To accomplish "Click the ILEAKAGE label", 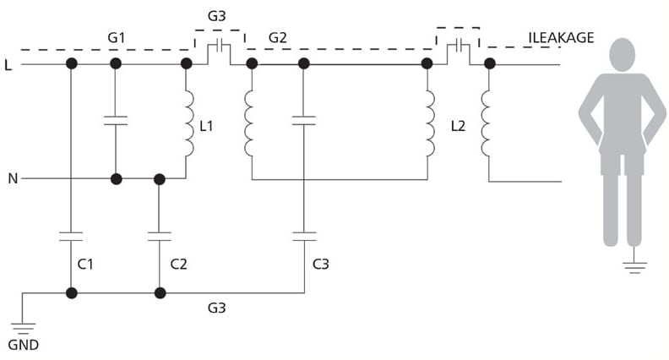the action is pyautogui.click(x=561, y=37).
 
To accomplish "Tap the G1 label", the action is pyautogui.click(x=116, y=37).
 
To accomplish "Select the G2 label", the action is pyautogui.click(x=277, y=37).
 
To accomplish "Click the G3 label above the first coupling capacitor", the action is pyautogui.click(x=217, y=16).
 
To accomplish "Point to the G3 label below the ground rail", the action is pyautogui.click(x=217, y=308).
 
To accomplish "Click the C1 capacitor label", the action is pyautogui.click(x=85, y=265).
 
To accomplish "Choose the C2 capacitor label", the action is pyautogui.click(x=178, y=265).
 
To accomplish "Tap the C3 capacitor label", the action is pyautogui.click(x=321, y=265).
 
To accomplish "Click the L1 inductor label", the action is pyautogui.click(x=206, y=126).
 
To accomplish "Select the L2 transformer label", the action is pyautogui.click(x=458, y=126).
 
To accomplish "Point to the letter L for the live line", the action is pyautogui.click(x=8, y=65).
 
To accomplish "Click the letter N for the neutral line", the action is pyautogui.click(x=13, y=178).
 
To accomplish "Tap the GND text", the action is pyautogui.click(x=24, y=345).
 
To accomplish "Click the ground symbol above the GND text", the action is pyautogui.click(x=23, y=329).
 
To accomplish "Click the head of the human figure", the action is pyautogui.click(x=623, y=55).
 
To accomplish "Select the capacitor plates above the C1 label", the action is pyautogui.click(x=71, y=237).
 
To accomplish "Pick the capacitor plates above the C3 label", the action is pyautogui.click(x=304, y=237).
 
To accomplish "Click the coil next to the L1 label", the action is pyautogui.click(x=188, y=123).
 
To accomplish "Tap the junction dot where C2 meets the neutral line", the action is pyautogui.click(x=159, y=179).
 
